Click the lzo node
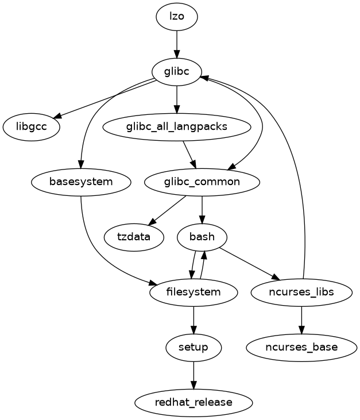click(x=177, y=16)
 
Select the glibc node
click(x=177, y=72)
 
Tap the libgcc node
click(x=32, y=127)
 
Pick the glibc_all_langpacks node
click(x=177, y=127)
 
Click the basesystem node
click(x=82, y=182)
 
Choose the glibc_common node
click(x=202, y=182)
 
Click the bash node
click(x=202, y=237)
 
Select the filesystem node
click(x=193, y=292)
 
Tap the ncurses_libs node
click(x=301, y=292)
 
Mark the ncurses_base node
click(x=301, y=347)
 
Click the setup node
click(x=193, y=347)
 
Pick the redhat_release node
click(x=193, y=402)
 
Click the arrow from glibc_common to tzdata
click(x=167, y=210)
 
